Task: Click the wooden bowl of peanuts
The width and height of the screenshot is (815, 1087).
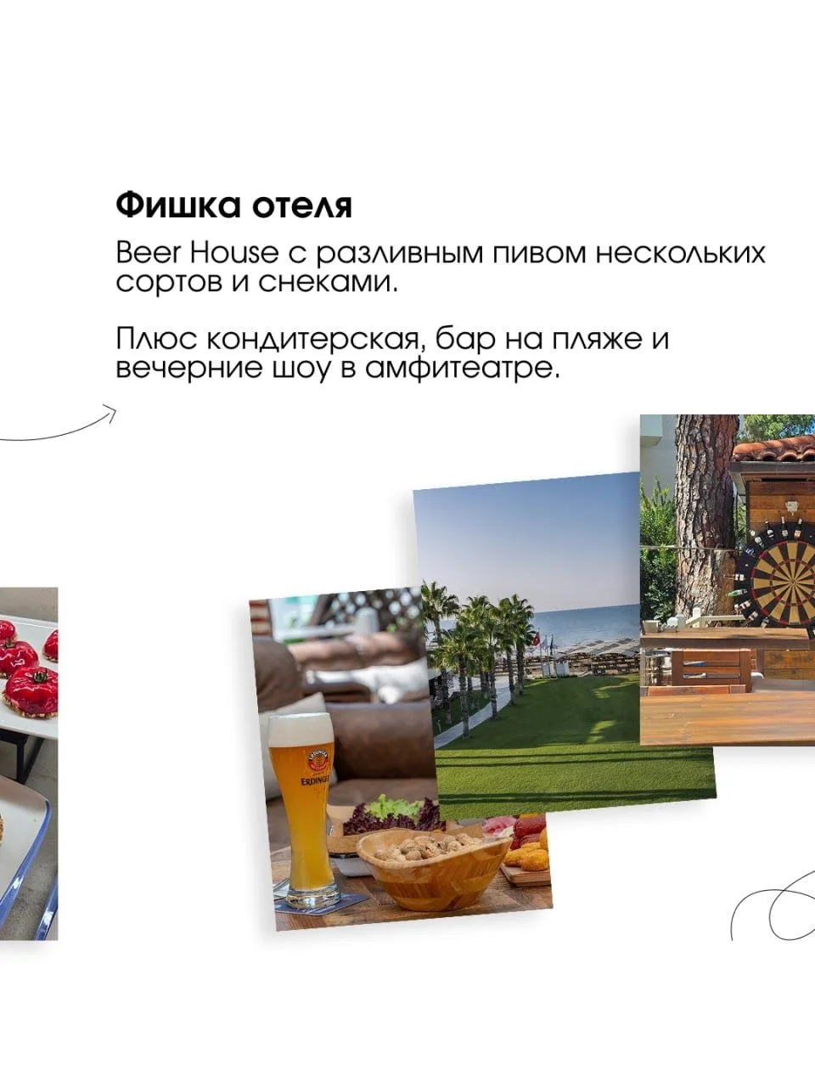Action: point(432,870)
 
